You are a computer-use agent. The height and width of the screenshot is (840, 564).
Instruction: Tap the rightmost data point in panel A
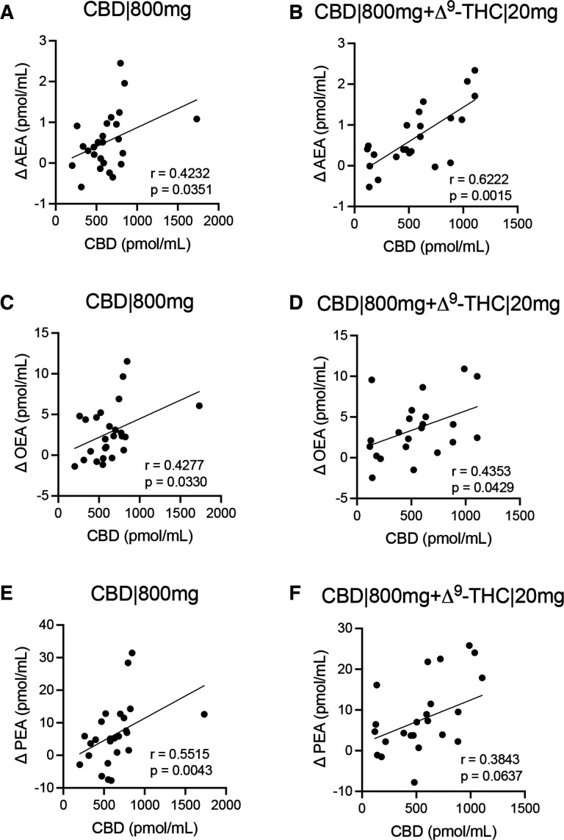click(x=196, y=119)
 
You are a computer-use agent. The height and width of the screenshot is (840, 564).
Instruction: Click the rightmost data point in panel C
click(x=199, y=406)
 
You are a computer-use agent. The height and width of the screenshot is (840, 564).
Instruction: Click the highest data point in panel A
click(x=120, y=63)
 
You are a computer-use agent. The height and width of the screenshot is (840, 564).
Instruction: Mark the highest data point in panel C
click(x=127, y=362)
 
